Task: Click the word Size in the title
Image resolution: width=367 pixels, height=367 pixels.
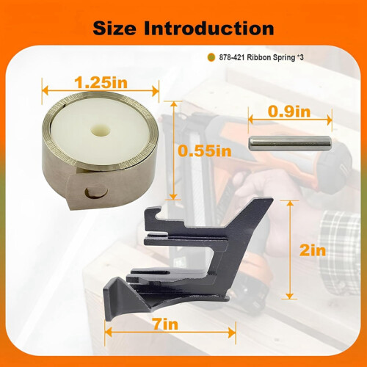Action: click(115, 28)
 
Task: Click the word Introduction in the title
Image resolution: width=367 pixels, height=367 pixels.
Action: click(208, 28)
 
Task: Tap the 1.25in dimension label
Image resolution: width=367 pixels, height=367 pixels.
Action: click(101, 82)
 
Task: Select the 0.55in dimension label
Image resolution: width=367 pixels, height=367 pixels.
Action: click(205, 150)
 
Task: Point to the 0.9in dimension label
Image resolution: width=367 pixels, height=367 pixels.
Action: click(289, 112)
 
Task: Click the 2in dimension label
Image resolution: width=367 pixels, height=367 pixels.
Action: click(313, 250)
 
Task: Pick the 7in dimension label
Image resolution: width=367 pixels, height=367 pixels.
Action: click(166, 324)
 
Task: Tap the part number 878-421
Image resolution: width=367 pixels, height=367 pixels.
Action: click(232, 57)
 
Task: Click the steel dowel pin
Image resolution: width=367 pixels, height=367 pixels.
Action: click(290, 143)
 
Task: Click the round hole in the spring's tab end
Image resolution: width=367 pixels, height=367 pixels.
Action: click(96, 192)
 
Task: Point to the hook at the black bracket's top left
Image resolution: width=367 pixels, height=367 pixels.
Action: click(153, 214)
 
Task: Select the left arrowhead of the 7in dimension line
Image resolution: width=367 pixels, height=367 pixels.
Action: click(108, 333)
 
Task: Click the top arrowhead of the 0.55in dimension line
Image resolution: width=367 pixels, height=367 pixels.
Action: click(173, 104)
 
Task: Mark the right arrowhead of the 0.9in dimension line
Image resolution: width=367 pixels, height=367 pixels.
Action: click(330, 120)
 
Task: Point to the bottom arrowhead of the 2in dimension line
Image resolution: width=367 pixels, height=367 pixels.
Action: click(289, 296)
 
